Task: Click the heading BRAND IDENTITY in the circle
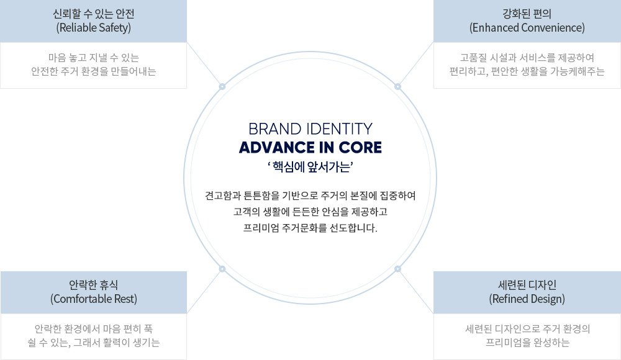(x=310, y=129)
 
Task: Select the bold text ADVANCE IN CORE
(x=310, y=148)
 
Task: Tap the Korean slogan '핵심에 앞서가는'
(x=310, y=166)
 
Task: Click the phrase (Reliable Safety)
(x=93, y=28)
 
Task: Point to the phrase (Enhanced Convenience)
(x=527, y=28)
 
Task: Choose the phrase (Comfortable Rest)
(x=93, y=299)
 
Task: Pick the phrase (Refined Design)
(x=527, y=299)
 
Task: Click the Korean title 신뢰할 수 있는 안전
(x=93, y=14)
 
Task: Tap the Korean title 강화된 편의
(x=527, y=14)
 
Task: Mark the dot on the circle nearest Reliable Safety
(x=222, y=86)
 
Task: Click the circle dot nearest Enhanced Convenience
(x=398, y=86)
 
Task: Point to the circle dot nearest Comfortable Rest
(x=222, y=269)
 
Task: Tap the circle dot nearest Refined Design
(x=398, y=269)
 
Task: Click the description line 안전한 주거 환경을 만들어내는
(x=93, y=71)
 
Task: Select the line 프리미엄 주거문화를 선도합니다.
(x=310, y=228)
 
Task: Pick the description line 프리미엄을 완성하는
(x=527, y=342)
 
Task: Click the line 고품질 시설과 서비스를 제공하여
(x=527, y=57)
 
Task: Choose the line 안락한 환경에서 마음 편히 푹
(x=93, y=328)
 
